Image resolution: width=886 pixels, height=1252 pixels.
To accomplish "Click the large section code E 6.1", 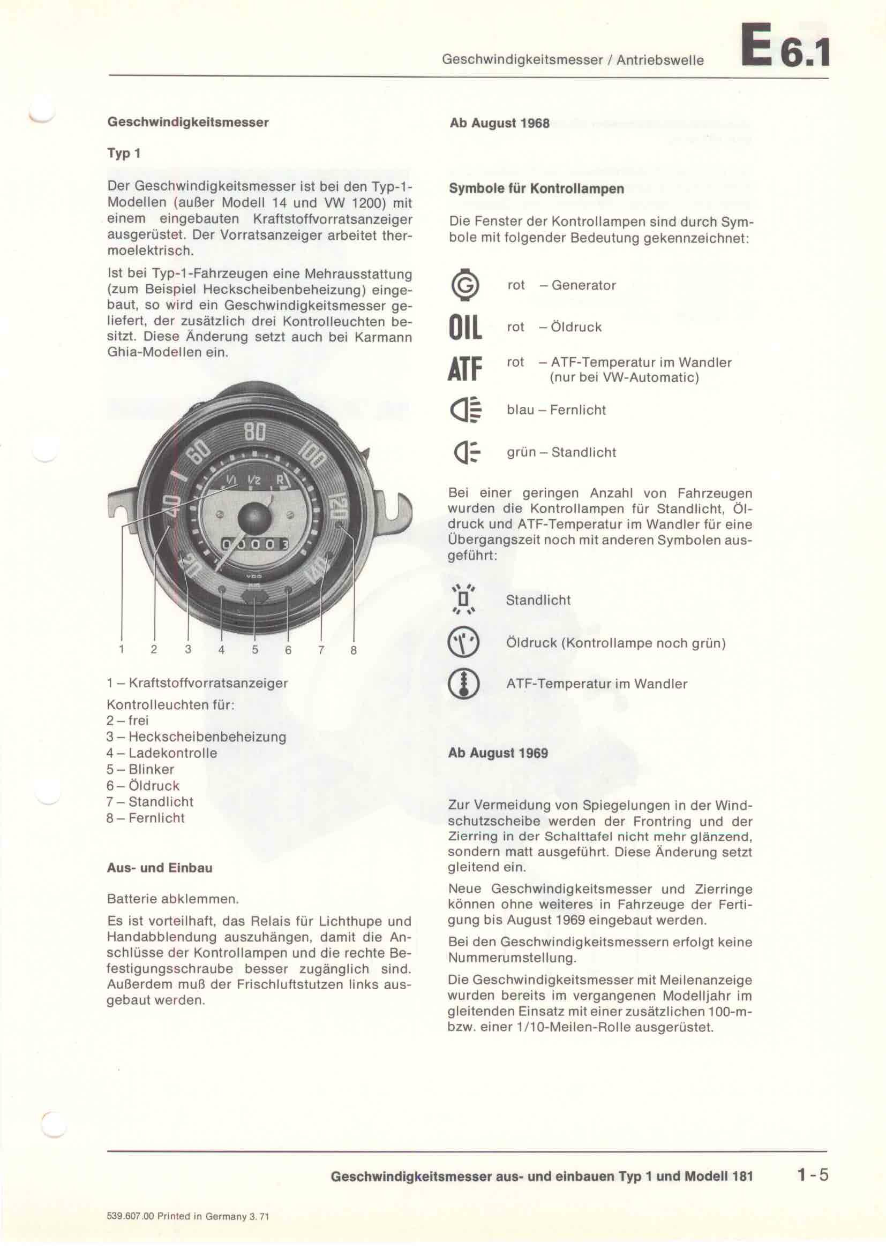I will [785, 46].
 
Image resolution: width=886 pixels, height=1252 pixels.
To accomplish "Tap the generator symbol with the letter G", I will [465, 285].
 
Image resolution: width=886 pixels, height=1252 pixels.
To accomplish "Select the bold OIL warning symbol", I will [465, 328].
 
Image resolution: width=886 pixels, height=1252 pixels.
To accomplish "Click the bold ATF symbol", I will [465, 369].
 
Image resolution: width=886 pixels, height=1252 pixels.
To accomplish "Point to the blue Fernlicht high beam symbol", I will [465, 410].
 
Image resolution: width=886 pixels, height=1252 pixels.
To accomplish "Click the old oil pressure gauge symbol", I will [463, 642].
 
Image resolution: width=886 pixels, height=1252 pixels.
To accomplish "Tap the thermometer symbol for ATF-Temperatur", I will [463, 684].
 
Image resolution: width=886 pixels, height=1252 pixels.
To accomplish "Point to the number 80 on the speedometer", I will [254, 432].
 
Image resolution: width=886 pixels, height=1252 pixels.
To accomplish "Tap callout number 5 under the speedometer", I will [255, 649].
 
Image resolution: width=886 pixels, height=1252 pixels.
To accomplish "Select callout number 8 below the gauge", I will [354, 650].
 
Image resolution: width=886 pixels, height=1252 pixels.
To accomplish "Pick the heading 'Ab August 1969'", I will [498, 753].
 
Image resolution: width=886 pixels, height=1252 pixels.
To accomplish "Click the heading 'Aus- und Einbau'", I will [159, 868].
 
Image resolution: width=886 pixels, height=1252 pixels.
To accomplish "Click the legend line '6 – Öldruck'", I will [143, 786].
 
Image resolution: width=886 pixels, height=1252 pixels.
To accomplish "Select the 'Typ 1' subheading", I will [124, 153].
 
